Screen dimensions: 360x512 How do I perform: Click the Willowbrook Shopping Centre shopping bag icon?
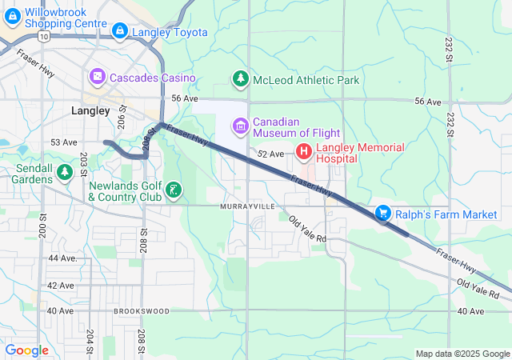[13, 13]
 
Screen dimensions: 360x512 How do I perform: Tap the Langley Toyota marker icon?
[120, 31]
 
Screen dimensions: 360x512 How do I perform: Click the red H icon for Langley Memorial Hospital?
[304, 151]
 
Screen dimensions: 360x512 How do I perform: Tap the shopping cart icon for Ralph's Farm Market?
[384, 213]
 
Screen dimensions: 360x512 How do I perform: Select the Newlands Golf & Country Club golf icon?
[173, 190]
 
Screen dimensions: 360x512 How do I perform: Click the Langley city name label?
[90, 111]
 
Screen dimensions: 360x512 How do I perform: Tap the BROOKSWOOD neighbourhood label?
[142, 310]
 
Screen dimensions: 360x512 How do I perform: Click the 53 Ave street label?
[63, 142]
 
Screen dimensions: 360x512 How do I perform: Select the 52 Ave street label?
[270, 154]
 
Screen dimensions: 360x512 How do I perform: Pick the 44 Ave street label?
[62, 258]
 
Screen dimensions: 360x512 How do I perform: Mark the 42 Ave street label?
[61, 285]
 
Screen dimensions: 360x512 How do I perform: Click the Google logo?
[26, 350]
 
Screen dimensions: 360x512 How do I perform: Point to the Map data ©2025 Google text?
[462, 354]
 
